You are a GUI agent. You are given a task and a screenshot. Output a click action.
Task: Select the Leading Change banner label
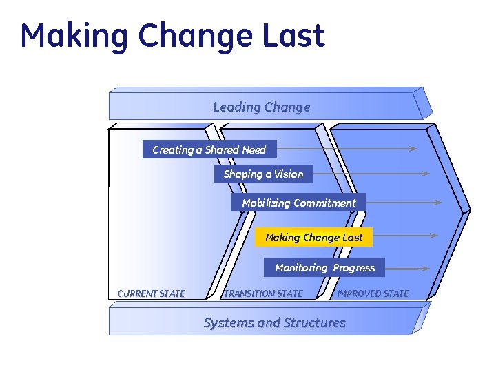pyautogui.click(x=261, y=107)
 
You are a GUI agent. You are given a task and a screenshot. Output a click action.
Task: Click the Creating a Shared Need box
pyautogui.click(x=209, y=149)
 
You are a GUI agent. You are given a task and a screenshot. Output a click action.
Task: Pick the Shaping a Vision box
pyautogui.click(x=263, y=174)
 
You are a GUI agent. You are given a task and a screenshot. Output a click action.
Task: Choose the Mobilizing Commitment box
pyautogui.click(x=299, y=203)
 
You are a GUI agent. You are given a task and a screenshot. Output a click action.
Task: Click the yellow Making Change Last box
pyautogui.click(x=313, y=237)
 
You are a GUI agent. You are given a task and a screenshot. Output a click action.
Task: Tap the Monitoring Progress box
pyautogui.click(x=324, y=267)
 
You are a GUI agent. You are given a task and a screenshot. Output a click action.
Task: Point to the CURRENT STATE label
pyautogui.click(x=152, y=293)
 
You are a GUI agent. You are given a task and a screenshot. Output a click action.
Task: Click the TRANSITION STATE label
pyautogui.click(x=264, y=293)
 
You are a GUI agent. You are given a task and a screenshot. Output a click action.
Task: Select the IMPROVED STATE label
pyautogui.click(x=373, y=293)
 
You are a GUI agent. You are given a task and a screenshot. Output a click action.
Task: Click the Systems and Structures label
pyautogui.click(x=274, y=322)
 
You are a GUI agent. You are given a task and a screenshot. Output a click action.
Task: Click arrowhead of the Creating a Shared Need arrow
pyautogui.click(x=413, y=148)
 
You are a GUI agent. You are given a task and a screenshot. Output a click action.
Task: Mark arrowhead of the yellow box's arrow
pyautogui.click(x=433, y=236)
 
